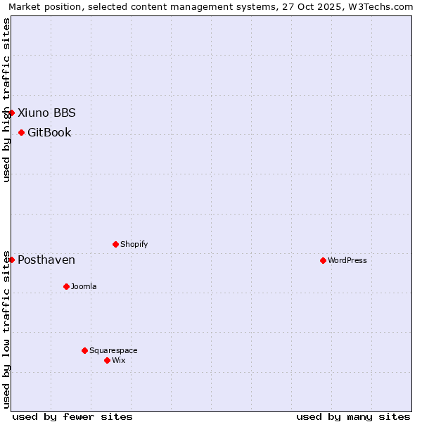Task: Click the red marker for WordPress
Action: pyautogui.click(x=323, y=260)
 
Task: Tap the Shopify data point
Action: pyautogui.click(x=115, y=244)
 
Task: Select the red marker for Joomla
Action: pyautogui.click(x=66, y=286)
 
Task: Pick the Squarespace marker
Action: pyautogui.click(x=84, y=350)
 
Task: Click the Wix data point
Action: pyautogui.click(x=107, y=360)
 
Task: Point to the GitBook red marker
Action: pyautogui.click(x=21, y=132)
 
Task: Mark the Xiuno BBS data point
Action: pyautogui.click(x=11, y=113)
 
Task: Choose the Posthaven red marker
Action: pyautogui.click(x=11, y=260)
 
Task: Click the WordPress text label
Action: pyautogui.click(x=347, y=260)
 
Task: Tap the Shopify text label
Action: pyautogui.click(x=134, y=244)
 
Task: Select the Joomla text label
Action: pyautogui.click(x=84, y=286)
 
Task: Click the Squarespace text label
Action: pyautogui.click(x=113, y=350)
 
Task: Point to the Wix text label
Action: pyautogui.click(x=119, y=360)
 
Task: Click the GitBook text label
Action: pyautogui.click(x=49, y=132)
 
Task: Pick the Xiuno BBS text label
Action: pyautogui.click(x=46, y=113)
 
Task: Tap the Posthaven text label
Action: pyautogui.click(x=46, y=260)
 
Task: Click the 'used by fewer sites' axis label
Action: pyautogui.click(x=72, y=416)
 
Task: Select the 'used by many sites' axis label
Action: pyautogui.click(x=353, y=416)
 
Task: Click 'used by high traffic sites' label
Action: pyautogui.click(x=6, y=101)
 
